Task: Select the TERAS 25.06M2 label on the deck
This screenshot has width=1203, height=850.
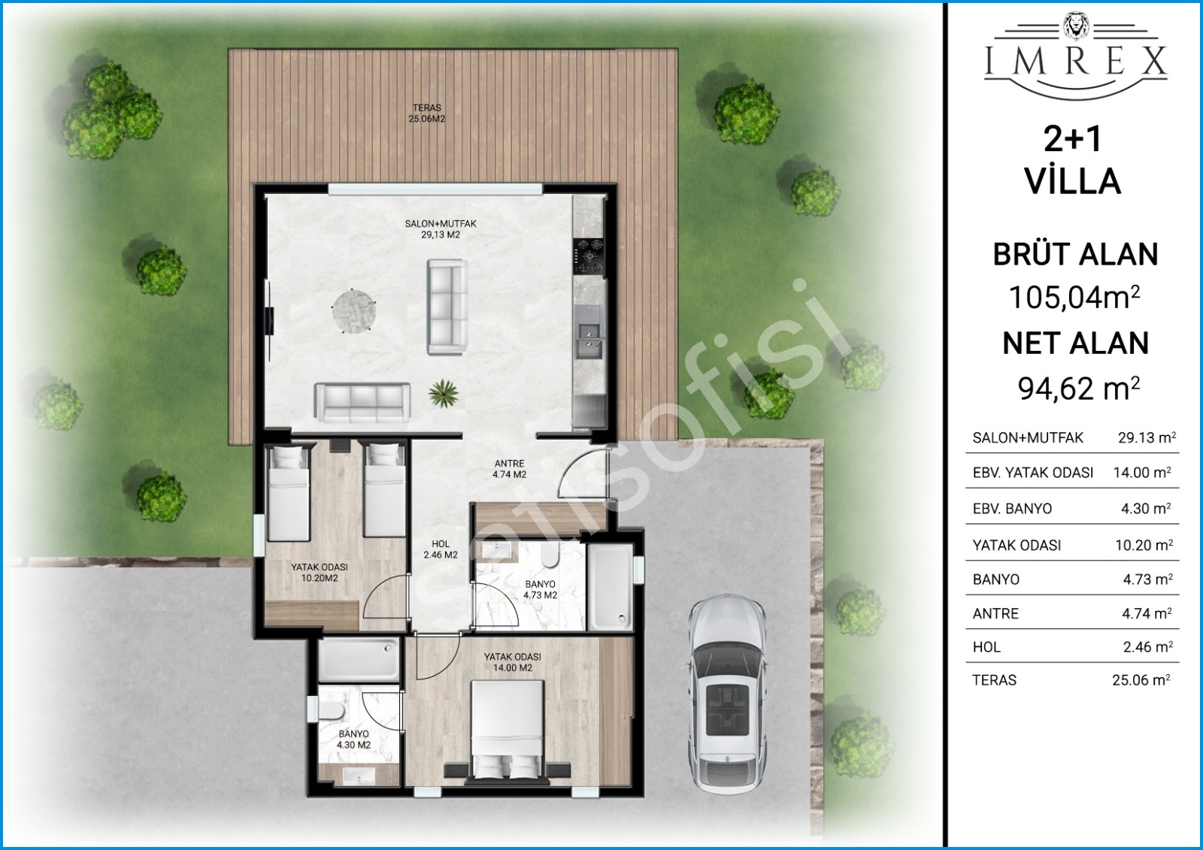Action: coord(427,113)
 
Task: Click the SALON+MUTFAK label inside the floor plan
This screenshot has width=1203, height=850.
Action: coord(441,229)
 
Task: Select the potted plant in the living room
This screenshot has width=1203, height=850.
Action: coord(444,394)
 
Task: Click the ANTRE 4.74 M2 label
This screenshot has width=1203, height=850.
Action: coord(509,469)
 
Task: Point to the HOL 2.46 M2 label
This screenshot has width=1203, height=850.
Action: coord(441,549)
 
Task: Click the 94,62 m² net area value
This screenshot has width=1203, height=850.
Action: coord(1078,389)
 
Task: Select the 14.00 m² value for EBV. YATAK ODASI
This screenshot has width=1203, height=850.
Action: coord(1142,473)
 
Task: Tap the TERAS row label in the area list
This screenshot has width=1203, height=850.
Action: coord(995,680)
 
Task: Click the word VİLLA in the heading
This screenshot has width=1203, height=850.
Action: coord(1074,181)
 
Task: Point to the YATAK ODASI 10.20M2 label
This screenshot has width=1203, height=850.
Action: coord(320,573)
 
